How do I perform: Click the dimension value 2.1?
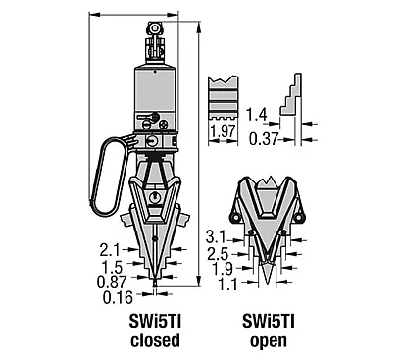pos(110,251)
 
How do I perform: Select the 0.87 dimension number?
pos(112,282)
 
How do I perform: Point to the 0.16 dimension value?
pos(119,298)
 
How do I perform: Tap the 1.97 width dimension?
pos(224,131)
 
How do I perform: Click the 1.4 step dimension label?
pos(257,115)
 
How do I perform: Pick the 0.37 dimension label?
pos(264,139)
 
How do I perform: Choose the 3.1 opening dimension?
pos(216,236)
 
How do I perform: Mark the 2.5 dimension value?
pos(218,254)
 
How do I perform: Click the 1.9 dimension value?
pos(223,269)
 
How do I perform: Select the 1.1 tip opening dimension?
pos(227,284)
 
